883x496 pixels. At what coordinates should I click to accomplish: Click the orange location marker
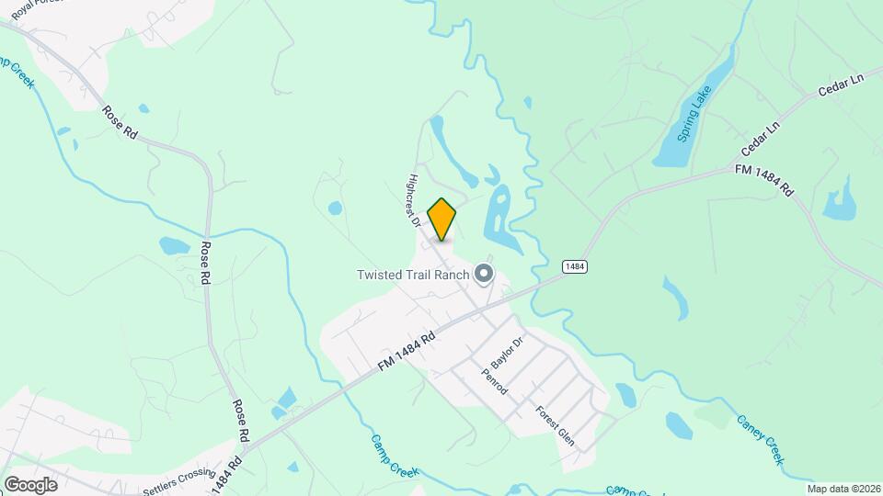[x=442, y=219]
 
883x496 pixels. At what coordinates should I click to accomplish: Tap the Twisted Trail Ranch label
[x=414, y=275]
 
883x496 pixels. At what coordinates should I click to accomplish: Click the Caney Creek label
[x=760, y=440]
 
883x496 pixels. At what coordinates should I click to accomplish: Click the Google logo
[x=30, y=484]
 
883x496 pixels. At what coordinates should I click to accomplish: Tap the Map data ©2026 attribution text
[x=843, y=489]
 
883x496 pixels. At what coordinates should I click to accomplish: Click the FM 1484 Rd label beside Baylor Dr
[x=406, y=352]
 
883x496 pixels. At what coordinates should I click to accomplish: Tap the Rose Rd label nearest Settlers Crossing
[x=241, y=419]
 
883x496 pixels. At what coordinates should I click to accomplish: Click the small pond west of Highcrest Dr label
[x=335, y=208]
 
